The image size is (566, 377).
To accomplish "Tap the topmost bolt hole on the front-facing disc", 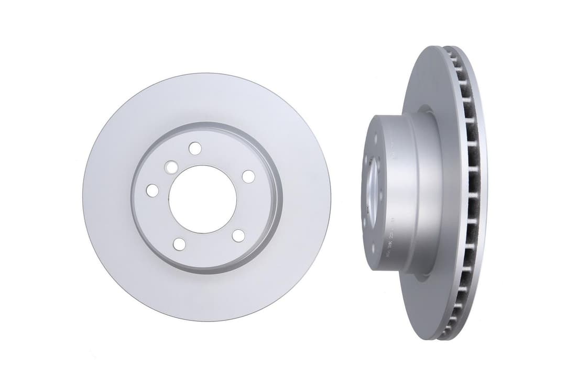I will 195,148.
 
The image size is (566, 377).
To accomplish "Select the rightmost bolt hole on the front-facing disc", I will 248,176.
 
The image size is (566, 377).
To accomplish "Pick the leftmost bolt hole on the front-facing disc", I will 152,191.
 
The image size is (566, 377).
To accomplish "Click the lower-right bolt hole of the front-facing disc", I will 238,236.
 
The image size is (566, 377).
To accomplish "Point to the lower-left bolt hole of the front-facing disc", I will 179,244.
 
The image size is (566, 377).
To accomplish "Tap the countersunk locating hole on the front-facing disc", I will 171,167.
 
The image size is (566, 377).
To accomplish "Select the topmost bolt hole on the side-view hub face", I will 376,139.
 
